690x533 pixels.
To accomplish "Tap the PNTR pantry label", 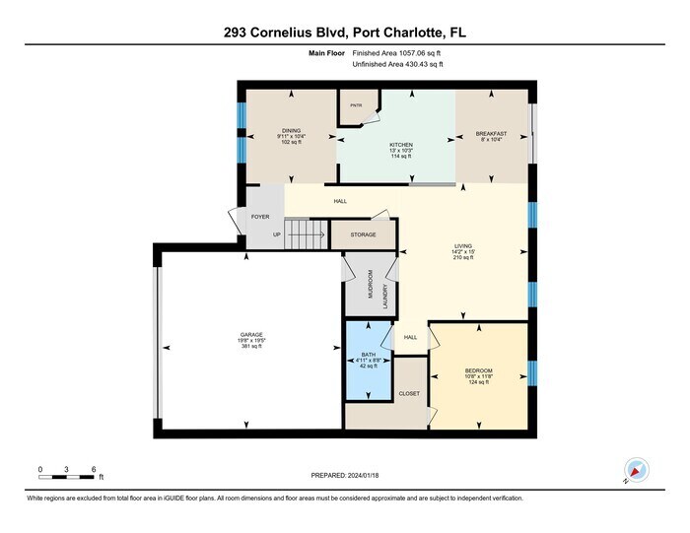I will tap(357, 104).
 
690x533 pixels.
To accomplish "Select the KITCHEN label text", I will tap(400, 145).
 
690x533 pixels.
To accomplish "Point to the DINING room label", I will tap(291, 130).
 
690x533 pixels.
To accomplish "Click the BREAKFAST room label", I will tap(491, 133).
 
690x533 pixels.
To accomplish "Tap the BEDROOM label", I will tap(478, 370).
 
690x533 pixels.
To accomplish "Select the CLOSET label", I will tap(409, 393).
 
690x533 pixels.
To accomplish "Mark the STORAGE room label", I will tap(364, 235).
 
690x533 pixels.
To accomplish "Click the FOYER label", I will tap(260, 217).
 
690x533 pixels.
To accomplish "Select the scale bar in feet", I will tap(67, 477).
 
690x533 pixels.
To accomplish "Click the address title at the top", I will tap(345, 33).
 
